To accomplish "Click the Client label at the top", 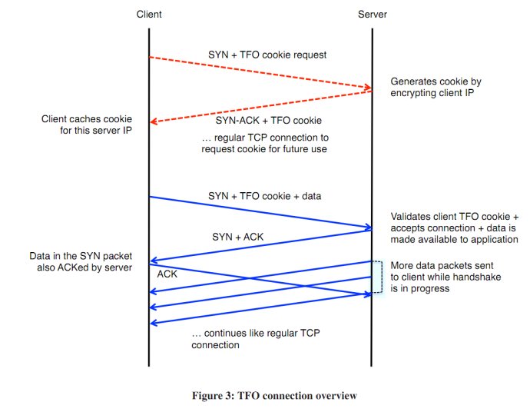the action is click(149, 14).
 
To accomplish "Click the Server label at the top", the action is click(373, 14).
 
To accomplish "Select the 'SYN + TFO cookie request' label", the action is click(267, 55).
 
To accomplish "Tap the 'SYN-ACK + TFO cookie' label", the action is click(269, 121).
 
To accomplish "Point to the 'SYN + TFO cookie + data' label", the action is click(265, 196).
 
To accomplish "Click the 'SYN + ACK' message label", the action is click(237, 237).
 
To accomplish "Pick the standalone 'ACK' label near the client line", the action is click(167, 274).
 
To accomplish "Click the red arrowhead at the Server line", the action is click(368, 88).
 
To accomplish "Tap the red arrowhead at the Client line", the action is click(154, 121).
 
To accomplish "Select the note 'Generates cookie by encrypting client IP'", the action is click(436, 87).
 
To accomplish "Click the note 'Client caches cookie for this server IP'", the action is click(87, 125).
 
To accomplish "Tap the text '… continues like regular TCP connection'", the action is click(256, 339).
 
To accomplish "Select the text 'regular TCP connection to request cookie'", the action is click(264, 143).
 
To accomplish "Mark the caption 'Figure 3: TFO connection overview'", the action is click(274, 395).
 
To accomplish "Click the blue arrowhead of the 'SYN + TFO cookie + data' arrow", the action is click(368, 227).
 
